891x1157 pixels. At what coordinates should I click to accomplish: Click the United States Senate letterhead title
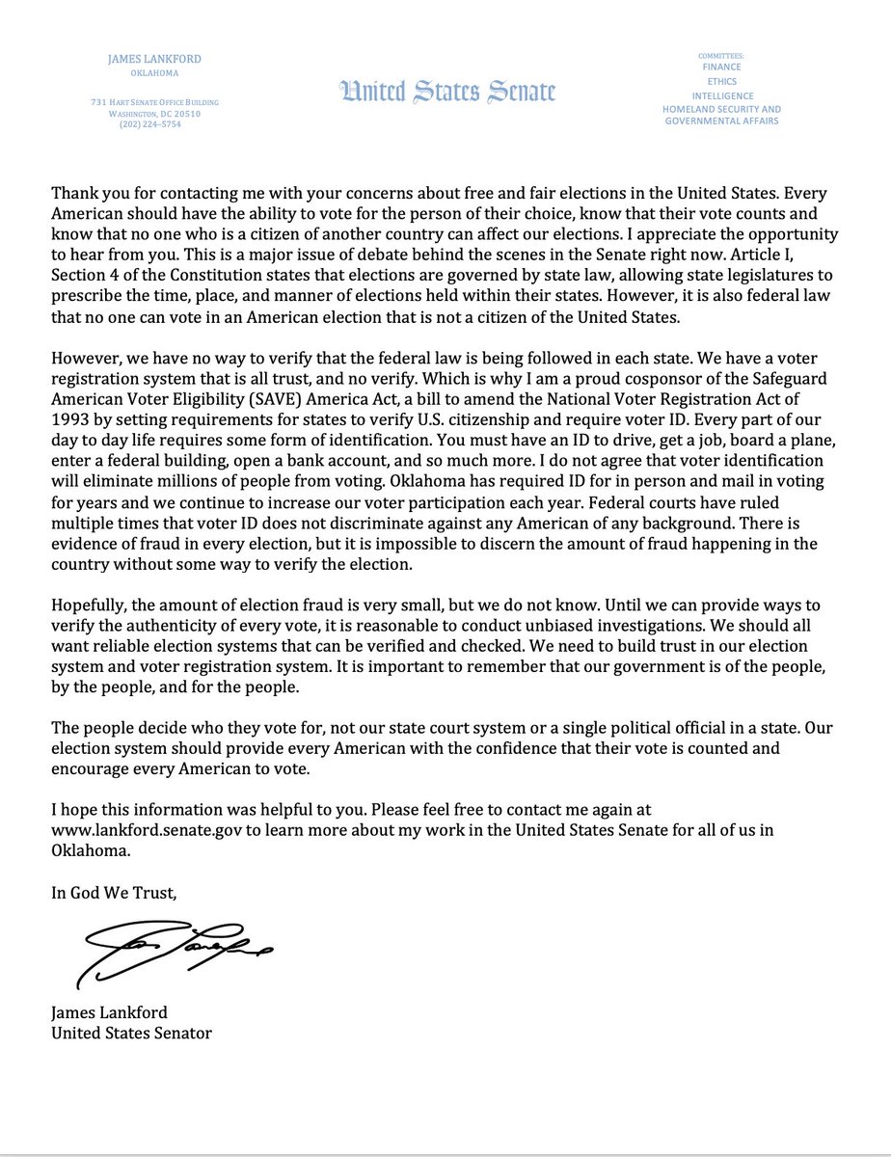[447, 93]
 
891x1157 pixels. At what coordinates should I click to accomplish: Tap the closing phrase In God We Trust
[114, 893]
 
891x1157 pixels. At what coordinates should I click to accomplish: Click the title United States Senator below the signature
[131, 1033]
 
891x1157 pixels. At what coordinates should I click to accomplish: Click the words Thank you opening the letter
[89, 193]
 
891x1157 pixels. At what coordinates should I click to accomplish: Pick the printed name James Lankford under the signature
[110, 1013]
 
